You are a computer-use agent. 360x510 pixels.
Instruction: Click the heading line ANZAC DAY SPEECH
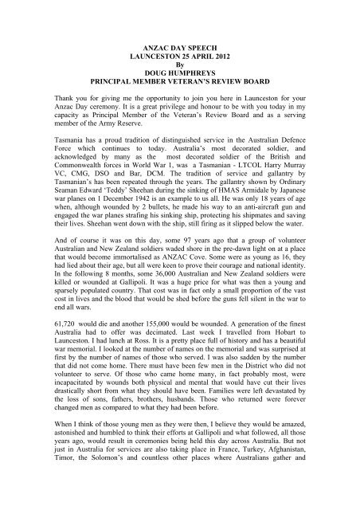tap(179, 50)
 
